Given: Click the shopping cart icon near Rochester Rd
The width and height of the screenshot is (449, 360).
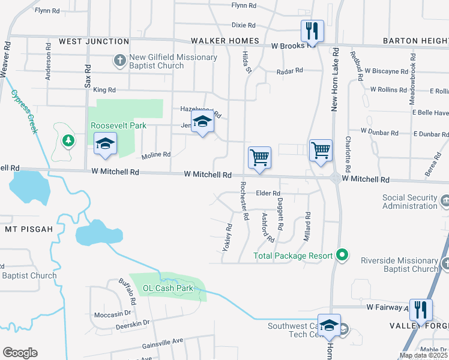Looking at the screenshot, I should coord(260,157).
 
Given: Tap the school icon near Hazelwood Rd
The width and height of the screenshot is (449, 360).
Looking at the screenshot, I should coord(203,122).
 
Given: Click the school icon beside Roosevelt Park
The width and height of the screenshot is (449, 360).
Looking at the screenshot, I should coord(105,144).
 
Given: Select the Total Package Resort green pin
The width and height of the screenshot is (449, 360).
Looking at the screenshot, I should coord(342,255).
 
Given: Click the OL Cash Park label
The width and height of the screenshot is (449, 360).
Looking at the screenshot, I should coord(168,288).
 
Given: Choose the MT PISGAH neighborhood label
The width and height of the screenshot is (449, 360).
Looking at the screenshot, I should coord(29,229).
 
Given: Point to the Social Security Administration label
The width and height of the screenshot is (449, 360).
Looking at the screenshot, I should coord(410,202).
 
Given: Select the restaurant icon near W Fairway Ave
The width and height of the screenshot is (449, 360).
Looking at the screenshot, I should coord(421,309).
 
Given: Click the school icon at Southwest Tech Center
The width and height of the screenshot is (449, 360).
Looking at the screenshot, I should coord(329,325).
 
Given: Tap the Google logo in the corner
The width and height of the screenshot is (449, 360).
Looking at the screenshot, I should coord(20,353).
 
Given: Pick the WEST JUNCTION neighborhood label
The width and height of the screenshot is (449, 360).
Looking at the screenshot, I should coord(94,41).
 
